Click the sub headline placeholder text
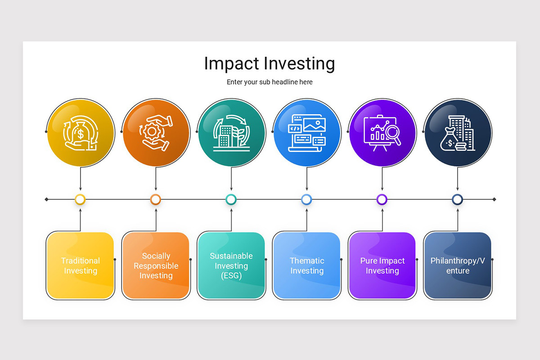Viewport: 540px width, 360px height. tap(270, 82)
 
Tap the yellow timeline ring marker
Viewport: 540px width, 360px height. tap(80, 199)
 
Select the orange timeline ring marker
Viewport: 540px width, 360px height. tap(156, 199)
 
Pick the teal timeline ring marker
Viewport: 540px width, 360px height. tap(231, 199)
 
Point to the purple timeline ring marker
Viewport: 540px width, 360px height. tap(382, 199)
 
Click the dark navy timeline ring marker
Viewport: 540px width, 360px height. tap(457, 199)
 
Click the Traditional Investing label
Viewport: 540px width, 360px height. tap(81, 265)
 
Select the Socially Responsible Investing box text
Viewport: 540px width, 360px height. tap(156, 265)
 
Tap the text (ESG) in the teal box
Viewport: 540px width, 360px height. tap(231, 276)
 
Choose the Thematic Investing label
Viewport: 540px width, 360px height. tap(307, 265)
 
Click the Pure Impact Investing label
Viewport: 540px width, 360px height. tap(382, 265)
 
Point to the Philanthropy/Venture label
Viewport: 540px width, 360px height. tap(458, 265)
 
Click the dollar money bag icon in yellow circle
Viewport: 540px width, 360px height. tap(80, 133)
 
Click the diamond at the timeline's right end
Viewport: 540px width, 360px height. tap(495, 199)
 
